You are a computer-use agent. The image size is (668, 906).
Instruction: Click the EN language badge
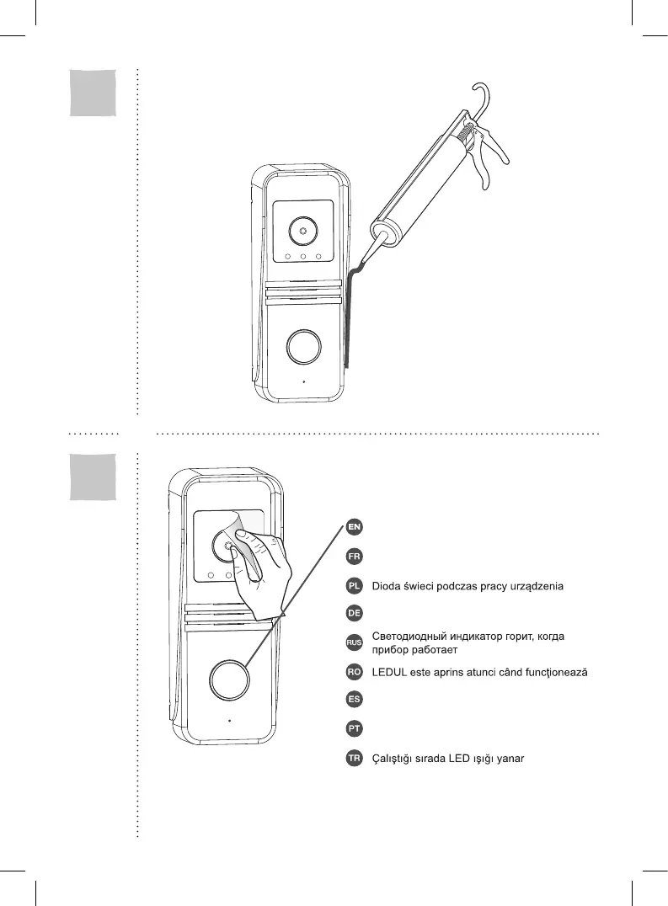coord(355,528)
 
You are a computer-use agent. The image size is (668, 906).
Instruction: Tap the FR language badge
coord(355,557)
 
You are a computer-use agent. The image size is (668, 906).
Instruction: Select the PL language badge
coord(355,585)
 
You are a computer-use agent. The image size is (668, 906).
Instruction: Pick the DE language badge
coord(355,612)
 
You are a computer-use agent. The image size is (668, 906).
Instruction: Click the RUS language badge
coord(355,643)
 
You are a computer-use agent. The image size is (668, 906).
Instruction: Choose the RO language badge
coord(355,672)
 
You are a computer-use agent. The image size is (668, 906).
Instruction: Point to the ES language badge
coord(355,699)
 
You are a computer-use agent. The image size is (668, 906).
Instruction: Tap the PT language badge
coord(355,727)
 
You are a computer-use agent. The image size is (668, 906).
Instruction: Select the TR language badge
coord(355,759)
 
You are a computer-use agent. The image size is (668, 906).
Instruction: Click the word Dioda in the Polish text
coord(387,585)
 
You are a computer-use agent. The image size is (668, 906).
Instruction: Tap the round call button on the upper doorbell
coord(302,346)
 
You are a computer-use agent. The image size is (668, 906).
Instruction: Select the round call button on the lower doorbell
coord(229,679)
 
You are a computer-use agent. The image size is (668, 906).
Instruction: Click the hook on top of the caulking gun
coord(483,98)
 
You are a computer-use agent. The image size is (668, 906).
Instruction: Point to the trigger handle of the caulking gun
coord(486,165)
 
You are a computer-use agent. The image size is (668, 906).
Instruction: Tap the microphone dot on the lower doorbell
coord(229,721)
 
